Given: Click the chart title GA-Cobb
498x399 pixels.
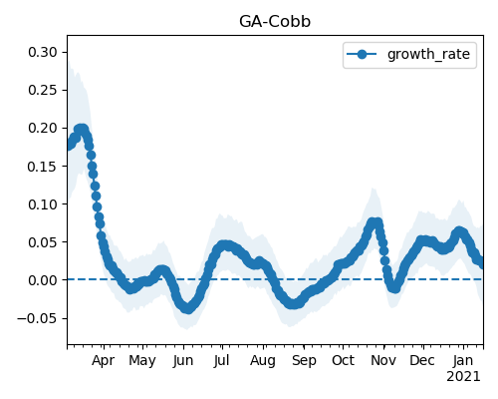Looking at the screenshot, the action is pyautogui.click(x=275, y=22).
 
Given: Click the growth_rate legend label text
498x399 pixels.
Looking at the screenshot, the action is pyautogui.click(x=428, y=54).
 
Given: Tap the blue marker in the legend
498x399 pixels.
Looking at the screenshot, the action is pyautogui.click(x=362, y=54).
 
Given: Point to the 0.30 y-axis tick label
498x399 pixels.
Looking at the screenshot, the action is pyautogui.click(x=43, y=52).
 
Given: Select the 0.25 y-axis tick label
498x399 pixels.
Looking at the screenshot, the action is pyautogui.click(x=43, y=90).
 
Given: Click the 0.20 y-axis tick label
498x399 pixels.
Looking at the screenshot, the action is pyautogui.click(x=43, y=128).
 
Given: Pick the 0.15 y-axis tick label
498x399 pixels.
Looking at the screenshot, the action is pyautogui.click(x=43, y=167).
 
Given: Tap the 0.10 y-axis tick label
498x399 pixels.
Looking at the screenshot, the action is pyautogui.click(x=43, y=204).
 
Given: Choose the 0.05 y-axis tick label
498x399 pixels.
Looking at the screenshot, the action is pyautogui.click(x=43, y=242).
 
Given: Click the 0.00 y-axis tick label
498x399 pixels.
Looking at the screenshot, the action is pyautogui.click(x=43, y=280).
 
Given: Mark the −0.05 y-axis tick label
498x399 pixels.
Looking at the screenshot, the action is pyautogui.click(x=37, y=318).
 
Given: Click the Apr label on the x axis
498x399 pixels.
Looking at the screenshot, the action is pyautogui.click(x=104, y=361).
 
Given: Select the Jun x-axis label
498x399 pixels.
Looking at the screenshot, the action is pyautogui.click(x=183, y=361).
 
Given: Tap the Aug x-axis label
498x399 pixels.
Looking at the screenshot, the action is pyautogui.click(x=263, y=361).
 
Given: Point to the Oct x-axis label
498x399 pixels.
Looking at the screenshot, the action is pyautogui.click(x=344, y=360).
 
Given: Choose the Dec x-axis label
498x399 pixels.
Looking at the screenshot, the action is pyautogui.click(x=422, y=360).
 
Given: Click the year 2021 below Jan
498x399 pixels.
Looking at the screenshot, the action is pyautogui.click(x=463, y=377).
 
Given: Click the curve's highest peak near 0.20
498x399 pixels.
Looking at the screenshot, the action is pyautogui.click(x=81, y=129).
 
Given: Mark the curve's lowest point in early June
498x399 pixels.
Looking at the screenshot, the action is pyautogui.click(x=188, y=308).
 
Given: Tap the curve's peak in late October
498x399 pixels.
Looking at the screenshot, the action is pyautogui.click(x=374, y=221).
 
